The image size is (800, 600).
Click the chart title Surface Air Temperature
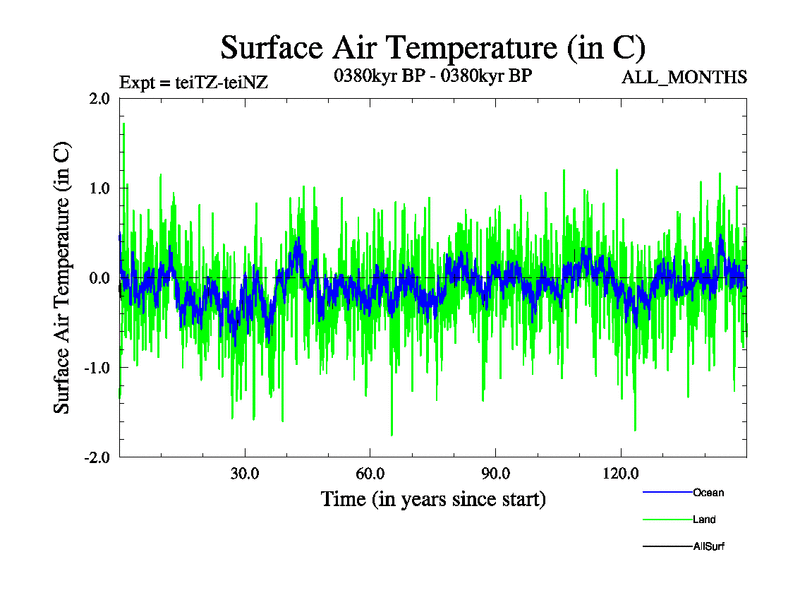(x=432, y=47)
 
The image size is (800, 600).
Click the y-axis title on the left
(x=62, y=278)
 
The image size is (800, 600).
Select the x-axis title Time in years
(x=433, y=498)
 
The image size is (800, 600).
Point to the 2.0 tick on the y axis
(x=99, y=98)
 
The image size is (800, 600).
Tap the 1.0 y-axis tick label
(x=99, y=188)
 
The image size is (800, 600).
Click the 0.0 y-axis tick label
(x=99, y=278)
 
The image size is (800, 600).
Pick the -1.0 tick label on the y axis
(x=96, y=368)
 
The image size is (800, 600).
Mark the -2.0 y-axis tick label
(x=96, y=458)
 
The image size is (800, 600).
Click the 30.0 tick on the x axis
(x=245, y=473)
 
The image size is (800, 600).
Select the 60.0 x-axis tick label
(x=370, y=473)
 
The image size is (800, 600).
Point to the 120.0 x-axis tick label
(x=620, y=473)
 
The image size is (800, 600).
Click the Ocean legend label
(x=708, y=492)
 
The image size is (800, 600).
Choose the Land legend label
(x=704, y=519)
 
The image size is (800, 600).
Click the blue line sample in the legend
(x=666, y=492)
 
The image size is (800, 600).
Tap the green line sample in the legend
(x=666, y=519)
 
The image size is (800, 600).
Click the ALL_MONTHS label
(x=684, y=77)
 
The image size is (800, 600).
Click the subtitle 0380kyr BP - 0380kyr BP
(x=432, y=76)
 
